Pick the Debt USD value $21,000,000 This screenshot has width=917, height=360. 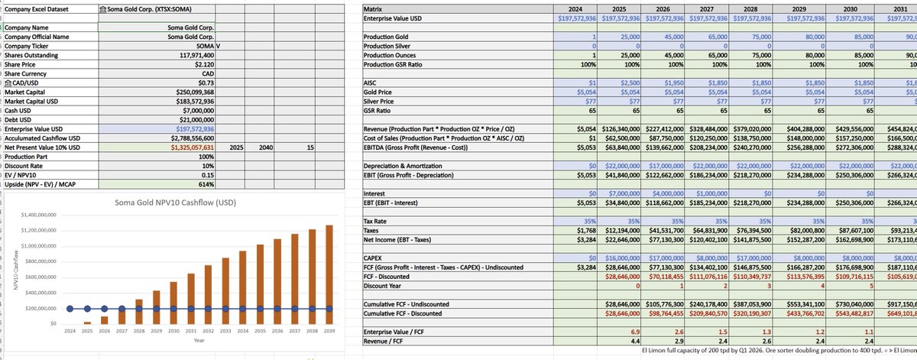coord(191,120)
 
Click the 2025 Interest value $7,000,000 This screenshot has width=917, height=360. coord(622,193)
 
